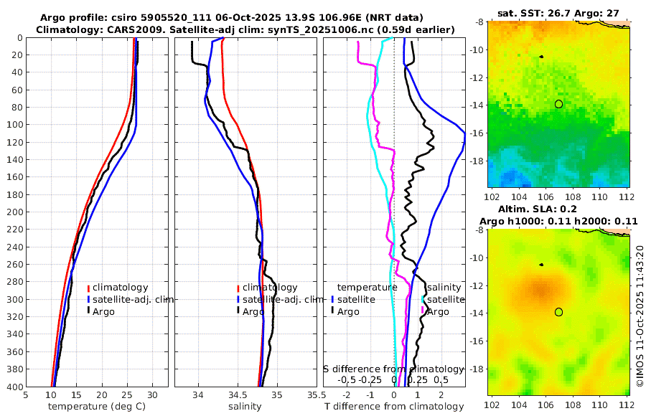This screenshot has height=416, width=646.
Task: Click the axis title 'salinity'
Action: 245,407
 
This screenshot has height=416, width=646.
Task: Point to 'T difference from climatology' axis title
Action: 394,407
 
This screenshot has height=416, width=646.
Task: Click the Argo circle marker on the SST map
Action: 558,104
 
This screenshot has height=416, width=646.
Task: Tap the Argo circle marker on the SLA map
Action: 558,312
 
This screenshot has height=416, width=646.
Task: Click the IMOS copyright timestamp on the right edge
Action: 640,316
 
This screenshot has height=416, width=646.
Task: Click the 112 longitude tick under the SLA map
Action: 625,405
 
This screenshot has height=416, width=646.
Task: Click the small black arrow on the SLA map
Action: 541,265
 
